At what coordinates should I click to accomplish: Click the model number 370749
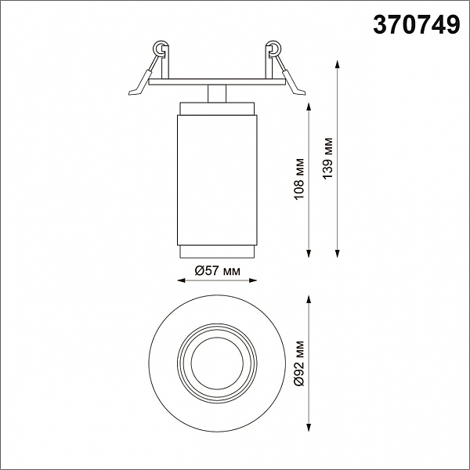click(x=417, y=25)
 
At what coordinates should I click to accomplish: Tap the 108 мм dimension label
click(x=299, y=179)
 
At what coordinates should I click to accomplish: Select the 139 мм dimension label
click(x=327, y=158)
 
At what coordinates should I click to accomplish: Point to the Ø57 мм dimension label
click(x=217, y=271)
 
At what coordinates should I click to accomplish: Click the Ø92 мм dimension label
click(x=299, y=363)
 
